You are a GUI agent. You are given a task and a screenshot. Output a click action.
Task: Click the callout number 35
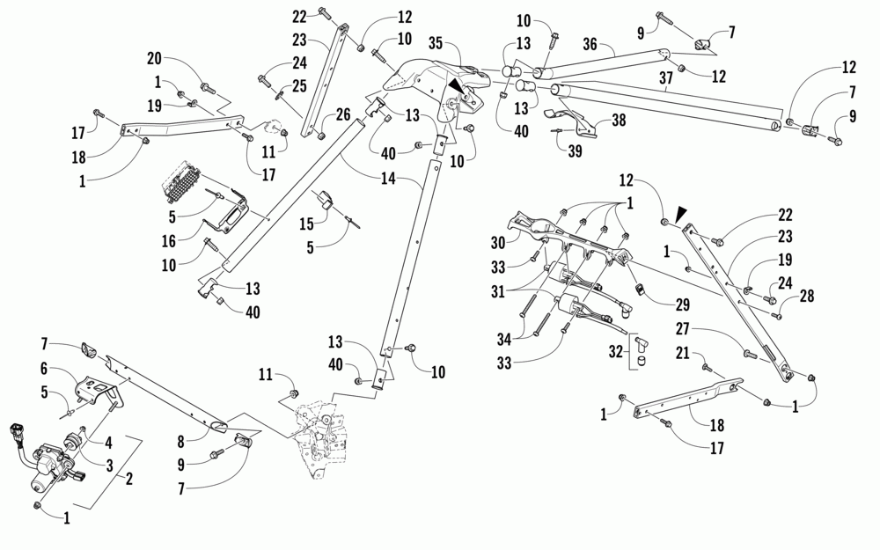[x=436, y=42]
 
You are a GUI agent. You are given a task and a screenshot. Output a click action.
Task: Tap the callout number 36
[x=590, y=44]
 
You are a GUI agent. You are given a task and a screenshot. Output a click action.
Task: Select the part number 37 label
[x=665, y=78]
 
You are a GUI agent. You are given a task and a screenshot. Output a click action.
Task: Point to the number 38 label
[x=619, y=120]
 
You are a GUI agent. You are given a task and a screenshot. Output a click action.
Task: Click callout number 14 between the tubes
[x=388, y=179]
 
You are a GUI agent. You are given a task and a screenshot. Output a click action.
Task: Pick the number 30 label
[x=498, y=243]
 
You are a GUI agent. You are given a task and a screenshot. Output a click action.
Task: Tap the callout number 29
[x=683, y=304]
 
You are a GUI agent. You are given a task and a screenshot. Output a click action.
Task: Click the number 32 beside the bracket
[x=616, y=352]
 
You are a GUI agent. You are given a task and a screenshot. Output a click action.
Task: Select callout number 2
[x=129, y=479]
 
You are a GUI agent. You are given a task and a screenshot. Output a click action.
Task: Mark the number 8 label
[x=180, y=443]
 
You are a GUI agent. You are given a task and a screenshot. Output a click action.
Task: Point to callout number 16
[x=169, y=241]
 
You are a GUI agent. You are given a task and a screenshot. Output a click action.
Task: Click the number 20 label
[x=154, y=58]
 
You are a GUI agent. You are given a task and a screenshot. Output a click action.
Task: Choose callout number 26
[x=343, y=115]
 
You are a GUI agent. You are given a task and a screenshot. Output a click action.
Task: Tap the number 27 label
[x=683, y=328]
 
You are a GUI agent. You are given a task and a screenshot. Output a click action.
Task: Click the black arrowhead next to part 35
[x=456, y=86]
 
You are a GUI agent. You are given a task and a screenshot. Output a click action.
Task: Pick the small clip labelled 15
[x=323, y=200]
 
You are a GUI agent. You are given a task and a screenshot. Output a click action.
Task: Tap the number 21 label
[x=683, y=353]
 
